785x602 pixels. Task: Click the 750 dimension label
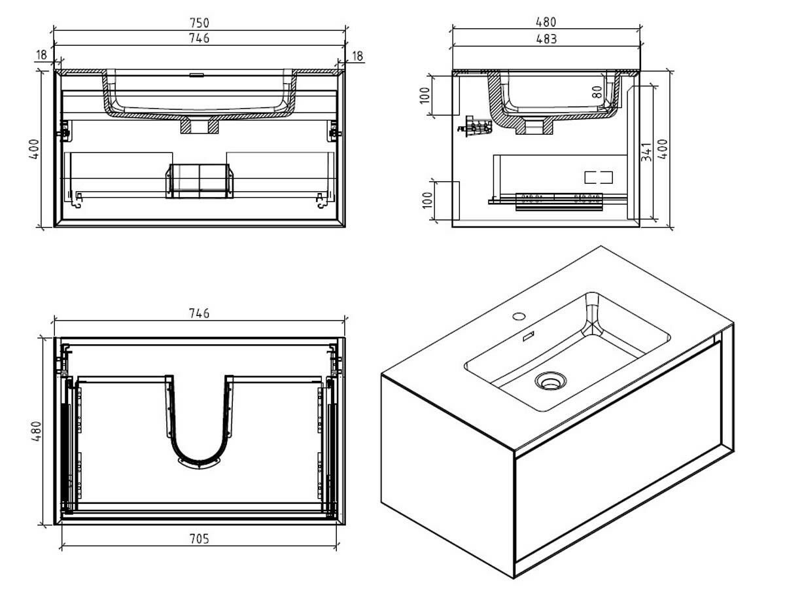(199, 23)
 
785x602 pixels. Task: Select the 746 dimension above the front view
(199, 38)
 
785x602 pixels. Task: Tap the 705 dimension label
(199, 539)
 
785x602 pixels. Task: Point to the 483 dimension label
(546, 39)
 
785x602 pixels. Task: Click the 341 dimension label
(646, 152)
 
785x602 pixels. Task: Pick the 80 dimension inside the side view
(597, 91)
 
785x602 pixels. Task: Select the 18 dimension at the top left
(42, 56)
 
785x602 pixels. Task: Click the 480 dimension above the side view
(546, 23)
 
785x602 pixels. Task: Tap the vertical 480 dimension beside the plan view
(38, 432)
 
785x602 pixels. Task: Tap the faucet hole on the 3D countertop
(519, 317)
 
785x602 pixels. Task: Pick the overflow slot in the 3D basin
(528, 336)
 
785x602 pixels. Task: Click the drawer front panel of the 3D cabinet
(618, 458)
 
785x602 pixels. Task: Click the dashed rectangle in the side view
(598, 176)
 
